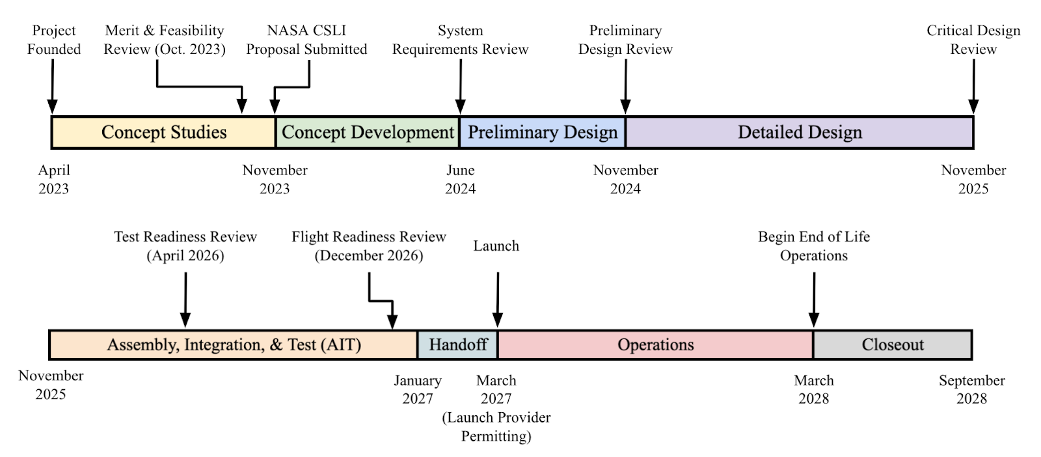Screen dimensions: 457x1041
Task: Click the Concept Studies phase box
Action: click(163, 132)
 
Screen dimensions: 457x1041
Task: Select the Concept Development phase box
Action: click(368, 132)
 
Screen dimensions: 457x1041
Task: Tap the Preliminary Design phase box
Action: click(543, 132)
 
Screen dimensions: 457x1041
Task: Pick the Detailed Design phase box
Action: click(799, 132)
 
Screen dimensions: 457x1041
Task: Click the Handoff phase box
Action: click(457, 344)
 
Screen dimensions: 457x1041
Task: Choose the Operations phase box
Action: click(655, 344)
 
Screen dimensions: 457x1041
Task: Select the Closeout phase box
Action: click(892, 344)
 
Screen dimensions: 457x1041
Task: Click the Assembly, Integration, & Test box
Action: click(234, 344)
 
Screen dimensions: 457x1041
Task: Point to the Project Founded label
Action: click(54, 40)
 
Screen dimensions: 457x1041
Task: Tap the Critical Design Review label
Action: click(973, 40)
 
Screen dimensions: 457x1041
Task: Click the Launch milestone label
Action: click(496, 246)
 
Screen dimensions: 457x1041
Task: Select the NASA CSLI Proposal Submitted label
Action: click(306, 40)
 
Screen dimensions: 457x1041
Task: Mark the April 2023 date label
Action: click(54, 179)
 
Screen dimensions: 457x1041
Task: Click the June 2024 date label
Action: click(460, 179)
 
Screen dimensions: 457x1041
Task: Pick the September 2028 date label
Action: click(971, 389)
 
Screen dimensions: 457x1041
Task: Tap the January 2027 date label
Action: click(417, 389)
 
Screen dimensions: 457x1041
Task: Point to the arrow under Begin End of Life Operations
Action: click(813, 299)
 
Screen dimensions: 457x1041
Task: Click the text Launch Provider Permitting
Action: click(496, 426)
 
